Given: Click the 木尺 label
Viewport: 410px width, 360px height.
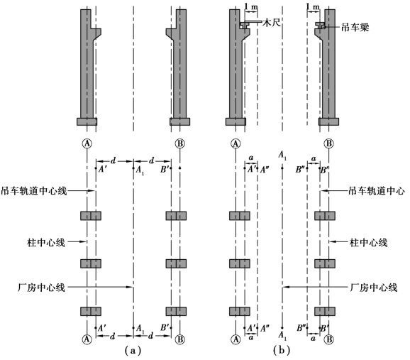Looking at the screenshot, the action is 272,23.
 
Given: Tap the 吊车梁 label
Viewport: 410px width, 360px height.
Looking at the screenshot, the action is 355,27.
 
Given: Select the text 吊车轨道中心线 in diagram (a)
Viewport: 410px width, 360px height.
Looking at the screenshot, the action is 34,191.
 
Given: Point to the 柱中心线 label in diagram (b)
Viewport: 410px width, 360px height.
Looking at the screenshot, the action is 368,243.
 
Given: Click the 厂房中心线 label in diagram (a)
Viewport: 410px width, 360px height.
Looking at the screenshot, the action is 41,288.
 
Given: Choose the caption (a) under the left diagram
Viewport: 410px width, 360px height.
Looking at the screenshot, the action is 133,350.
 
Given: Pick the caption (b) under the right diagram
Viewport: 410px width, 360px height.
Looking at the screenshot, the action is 282,350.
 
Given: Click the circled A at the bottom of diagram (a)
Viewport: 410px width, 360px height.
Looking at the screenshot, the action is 87,339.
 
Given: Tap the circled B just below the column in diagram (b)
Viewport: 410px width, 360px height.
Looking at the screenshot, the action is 328,143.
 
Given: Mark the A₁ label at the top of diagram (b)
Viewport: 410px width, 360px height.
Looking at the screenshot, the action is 282,155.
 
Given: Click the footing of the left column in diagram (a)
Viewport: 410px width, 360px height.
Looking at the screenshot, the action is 87,121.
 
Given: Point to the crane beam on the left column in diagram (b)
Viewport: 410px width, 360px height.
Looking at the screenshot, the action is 244,25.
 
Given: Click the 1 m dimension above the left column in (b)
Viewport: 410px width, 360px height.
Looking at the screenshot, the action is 251,7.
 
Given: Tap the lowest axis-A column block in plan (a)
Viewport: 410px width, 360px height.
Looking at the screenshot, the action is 91,311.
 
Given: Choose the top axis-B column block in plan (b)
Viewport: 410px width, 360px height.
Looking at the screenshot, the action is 325,216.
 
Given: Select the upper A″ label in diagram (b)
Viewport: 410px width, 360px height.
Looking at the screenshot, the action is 265,170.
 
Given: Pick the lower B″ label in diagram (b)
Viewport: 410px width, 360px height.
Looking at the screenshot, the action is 301,328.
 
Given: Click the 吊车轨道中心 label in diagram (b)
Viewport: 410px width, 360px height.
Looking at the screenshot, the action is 377,191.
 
